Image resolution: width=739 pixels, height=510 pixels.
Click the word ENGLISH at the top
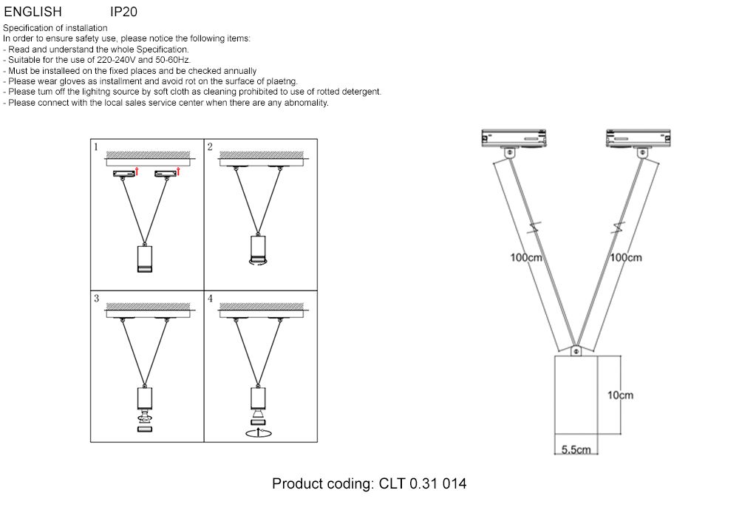tap(33, 12)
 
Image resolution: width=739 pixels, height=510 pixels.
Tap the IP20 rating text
tap(123, 12)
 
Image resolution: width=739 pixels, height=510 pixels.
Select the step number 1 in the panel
tap(96, 147)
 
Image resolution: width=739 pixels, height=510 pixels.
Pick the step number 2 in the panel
tap(210, 147)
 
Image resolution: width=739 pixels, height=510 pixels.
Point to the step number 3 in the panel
tap(96, 299)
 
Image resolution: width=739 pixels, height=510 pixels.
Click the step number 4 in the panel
tap(210, 299)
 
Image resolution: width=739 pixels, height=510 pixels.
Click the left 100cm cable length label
tap(527, 258)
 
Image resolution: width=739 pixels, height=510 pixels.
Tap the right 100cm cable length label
tap(625, 258)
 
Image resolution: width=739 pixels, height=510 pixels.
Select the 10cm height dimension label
tap(620, 395)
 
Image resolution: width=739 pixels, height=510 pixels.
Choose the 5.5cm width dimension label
tap(576, 449)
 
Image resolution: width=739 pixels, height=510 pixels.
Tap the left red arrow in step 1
tap(137, 172)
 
